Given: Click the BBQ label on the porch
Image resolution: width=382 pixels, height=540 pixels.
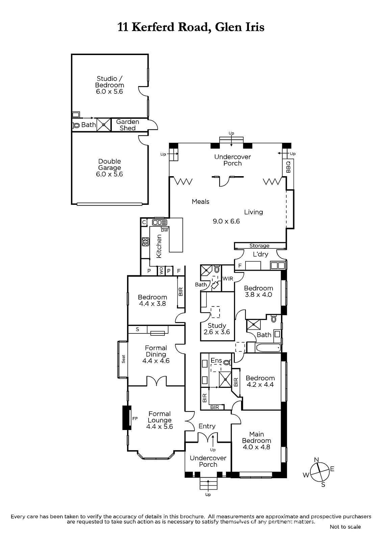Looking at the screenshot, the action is [288, 167].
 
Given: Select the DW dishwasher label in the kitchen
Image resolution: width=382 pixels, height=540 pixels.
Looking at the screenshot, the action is [164, 230].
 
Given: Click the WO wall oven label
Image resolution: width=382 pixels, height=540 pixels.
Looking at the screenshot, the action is [161, 271].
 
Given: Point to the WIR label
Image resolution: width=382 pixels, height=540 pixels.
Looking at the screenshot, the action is [228, 279].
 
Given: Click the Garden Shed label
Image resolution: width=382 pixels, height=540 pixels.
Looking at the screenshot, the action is [128, 125].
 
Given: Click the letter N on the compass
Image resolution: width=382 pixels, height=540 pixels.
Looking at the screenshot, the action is [316, 460].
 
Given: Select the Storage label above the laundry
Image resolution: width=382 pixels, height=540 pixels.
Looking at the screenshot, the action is [259, 246].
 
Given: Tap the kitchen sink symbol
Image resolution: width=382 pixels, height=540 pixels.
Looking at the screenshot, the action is [160, 222].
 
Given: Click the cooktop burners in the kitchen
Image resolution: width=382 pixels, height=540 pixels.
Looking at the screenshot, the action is [146, 242].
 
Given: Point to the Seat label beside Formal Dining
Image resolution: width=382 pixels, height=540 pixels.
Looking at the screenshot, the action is [124, 359].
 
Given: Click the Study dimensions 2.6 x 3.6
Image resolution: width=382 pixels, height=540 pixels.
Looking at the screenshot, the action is [217, 332].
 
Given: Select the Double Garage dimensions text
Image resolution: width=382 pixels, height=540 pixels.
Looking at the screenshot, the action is [109, 174].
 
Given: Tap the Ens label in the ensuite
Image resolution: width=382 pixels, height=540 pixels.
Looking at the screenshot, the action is [216, 360].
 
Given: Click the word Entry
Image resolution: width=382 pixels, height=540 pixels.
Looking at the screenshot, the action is [207, 426].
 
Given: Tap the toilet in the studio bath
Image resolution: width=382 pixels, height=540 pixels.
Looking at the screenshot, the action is [76, 125].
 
